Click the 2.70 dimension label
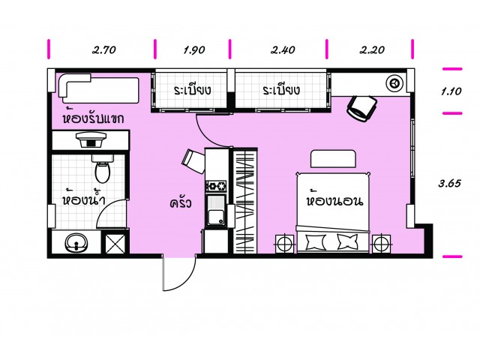tap(104, 50)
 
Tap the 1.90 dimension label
tap(194, 50)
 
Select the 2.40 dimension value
tap(283, 50)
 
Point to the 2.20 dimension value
tap(372, 50)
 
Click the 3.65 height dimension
tap(450, 183)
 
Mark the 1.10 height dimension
tap(451, 91)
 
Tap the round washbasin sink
tap(76, 243)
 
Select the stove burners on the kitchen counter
tap(216, 186)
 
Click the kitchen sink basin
tap(216, 211)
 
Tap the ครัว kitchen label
tap(181, 203)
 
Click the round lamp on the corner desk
tap(394, 83)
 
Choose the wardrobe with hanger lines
tap(245, 201)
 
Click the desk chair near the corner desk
tap(361, 108)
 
